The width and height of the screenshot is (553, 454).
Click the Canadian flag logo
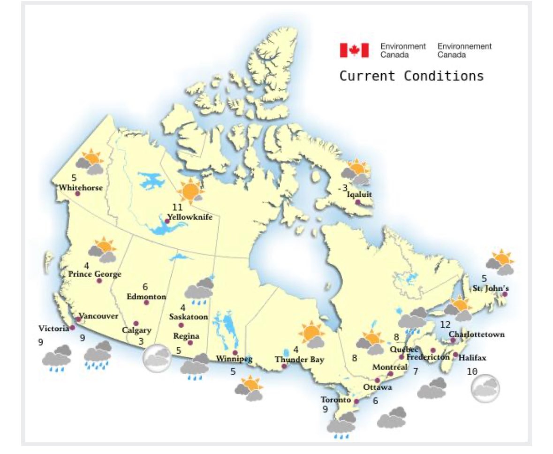354,50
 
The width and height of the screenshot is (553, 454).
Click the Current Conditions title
411,76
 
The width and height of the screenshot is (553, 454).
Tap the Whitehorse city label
81,187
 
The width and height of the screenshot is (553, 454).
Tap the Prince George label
94,274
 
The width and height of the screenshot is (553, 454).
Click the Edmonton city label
146,296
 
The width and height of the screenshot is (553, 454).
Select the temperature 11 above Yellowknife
177,208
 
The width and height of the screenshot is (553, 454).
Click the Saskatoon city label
189,316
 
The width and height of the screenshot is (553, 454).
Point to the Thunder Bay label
300,360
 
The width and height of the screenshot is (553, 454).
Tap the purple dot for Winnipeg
235,353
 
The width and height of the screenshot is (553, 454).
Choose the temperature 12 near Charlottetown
445,325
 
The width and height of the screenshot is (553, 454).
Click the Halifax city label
472,358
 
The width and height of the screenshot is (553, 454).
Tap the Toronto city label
336,400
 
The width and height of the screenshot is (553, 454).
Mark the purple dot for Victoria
73,328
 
